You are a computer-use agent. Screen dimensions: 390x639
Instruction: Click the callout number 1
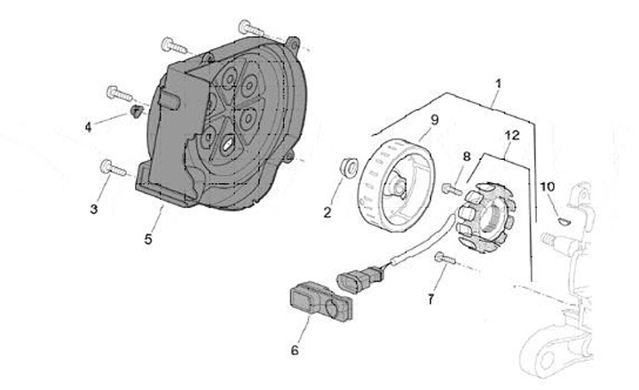tap(498, 84)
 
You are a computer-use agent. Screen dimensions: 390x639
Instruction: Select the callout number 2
tap(327, 212)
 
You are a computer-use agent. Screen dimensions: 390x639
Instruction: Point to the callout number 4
tap(89, 127)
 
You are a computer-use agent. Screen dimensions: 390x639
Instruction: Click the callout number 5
tap(149, 239)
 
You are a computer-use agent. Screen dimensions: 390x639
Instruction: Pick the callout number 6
tap(295, 349)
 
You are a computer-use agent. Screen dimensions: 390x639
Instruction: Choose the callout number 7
tap(430, 299)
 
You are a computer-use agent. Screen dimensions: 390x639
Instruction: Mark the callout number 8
tap(465, 157)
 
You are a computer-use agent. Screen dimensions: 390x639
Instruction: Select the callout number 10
tap(547, 187)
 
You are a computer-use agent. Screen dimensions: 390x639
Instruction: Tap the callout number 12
tap(509, 135)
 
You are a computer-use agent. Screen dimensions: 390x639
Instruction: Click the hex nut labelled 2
tap(349, 167)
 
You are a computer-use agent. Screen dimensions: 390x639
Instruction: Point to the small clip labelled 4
tap(136, 111)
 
